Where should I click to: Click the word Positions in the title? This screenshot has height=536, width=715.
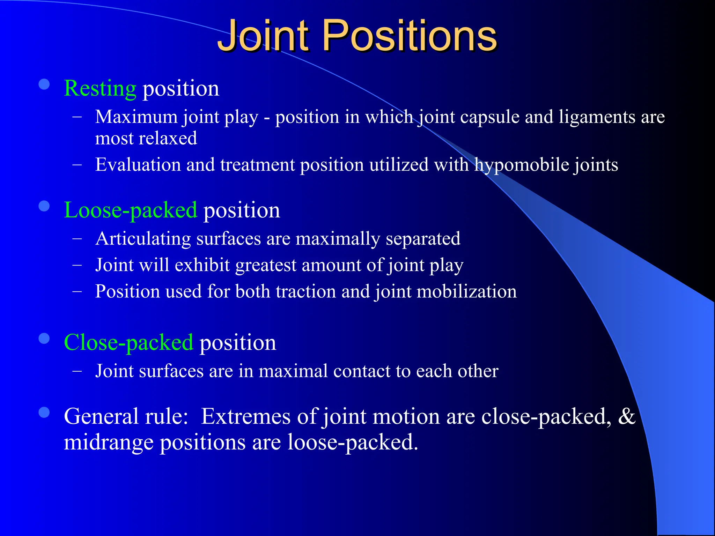click(x=410, y=36)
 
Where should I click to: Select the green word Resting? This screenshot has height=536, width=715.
click(x=100, y=88)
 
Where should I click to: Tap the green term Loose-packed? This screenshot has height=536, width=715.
click(x=131, y=210)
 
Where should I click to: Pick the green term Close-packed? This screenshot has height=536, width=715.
click(x=128, y=342)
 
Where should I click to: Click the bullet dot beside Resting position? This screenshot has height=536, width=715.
click(x=44, y=84)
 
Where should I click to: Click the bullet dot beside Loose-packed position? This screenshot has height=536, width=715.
click(x=44, y=206)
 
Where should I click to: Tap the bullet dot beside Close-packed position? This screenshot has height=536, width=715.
click(x=44, y=338)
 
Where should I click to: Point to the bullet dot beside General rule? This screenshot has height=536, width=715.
click(x=44, y=413)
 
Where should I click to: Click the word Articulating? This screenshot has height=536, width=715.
click(x=143, y=239)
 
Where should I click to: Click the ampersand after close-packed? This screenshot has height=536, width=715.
click(x=627, y=416)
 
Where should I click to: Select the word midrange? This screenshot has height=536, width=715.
click(x=109, y=442)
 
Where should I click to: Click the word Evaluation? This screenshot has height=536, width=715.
click(x=138, y=165)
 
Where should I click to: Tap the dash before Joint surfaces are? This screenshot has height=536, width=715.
click(x=77, y=371)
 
